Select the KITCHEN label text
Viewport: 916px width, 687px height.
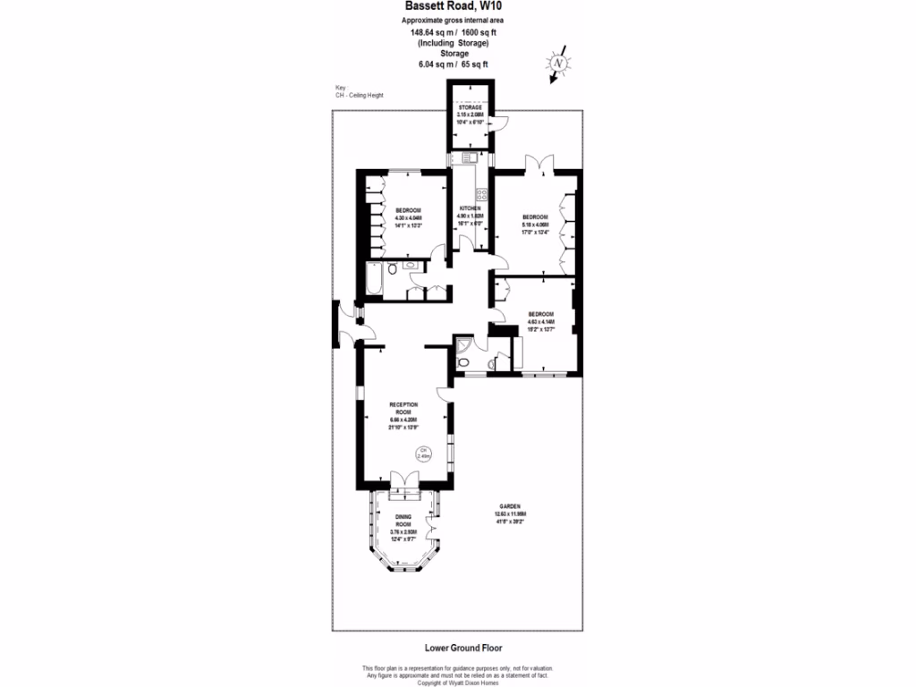tap(470, 208)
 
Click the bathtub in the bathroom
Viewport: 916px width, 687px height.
tap(375, 280)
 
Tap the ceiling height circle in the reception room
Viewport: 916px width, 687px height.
tap(425, 453)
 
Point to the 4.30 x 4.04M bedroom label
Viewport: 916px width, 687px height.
tap(408, 210)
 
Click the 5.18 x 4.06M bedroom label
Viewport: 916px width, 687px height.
tap(535, 216)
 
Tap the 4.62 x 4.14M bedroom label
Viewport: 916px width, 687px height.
tap(541, 314)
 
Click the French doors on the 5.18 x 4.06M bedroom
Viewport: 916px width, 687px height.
tap(539, 165)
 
